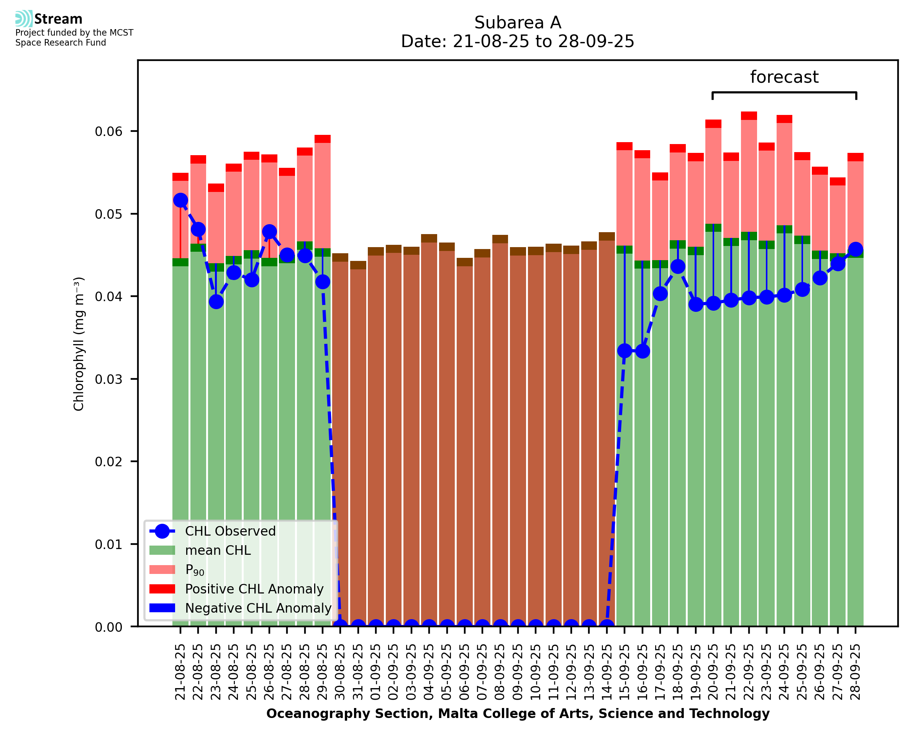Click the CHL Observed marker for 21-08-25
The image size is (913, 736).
pyautogui.click(x=180, y=200)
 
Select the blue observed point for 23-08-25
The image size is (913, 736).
pyautogui.click(x=216, y=302)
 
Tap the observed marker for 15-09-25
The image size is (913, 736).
pyautogui.click(x=625, y=351)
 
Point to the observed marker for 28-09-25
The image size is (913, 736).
pyautogui.click(x=856, y=249)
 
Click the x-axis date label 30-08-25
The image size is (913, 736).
pyautogui.click(x=340, y=672)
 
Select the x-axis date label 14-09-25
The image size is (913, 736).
pyautogui.click(x=607, y=672)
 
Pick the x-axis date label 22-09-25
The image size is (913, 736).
pyautogui.click(x=749, y=672)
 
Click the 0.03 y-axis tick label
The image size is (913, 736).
pyautogui.click(x=108, y=379)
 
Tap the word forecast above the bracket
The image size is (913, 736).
pyautogui.click(x=784, y=77)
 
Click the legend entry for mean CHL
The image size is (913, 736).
pyautogui.click(x=218, y=550)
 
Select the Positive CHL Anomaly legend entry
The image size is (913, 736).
pyautogui.click(x=254, y=589)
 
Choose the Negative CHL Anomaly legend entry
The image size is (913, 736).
pyautogui.click(x=258, y=608)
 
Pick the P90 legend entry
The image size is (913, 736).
pyautogui.click(x=195, y=570)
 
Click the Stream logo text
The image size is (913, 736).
pyautogui.click(x=58, y=19)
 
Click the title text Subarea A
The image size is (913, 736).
pyautogui.click(x=518, y=23)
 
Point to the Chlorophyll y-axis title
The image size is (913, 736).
pyautogui.click(x=79, y=344)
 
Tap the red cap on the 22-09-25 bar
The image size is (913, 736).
pyautogui.click(x=749, y=116)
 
